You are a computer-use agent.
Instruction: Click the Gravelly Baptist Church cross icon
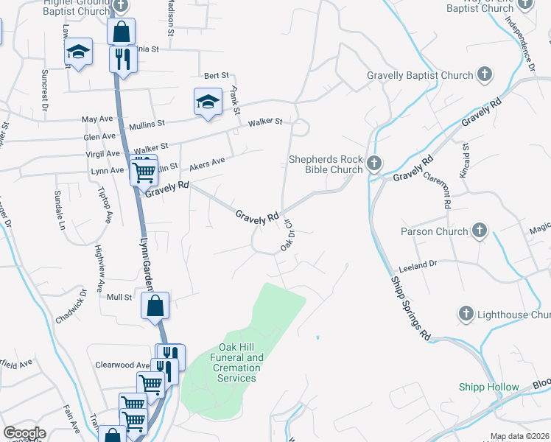pyautogui.click(x=485, y=74)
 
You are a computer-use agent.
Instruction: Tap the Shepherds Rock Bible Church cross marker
pyautogui.click(x=374, y=163)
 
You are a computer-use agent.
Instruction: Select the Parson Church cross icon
pyautogui.click(x=480, y=231)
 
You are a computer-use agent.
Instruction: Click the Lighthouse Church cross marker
pyautogui.click(x=466, y=315)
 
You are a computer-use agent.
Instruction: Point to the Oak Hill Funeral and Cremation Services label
pyautogui.click(x=240, y=362)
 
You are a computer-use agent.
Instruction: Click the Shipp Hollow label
pyautogui.click(x=489, y=387)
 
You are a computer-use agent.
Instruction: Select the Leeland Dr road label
pyautogui.click(x=418, y=263)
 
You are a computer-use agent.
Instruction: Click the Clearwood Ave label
pyautogui.click(x=122, y=365)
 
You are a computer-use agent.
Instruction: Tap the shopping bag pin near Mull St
pyautogui.click(x=155, y=306)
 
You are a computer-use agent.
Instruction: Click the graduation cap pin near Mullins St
pyautogui.click(x=208, y=102)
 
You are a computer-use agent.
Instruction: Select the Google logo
pyautogui.click(x=25, y=433)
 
